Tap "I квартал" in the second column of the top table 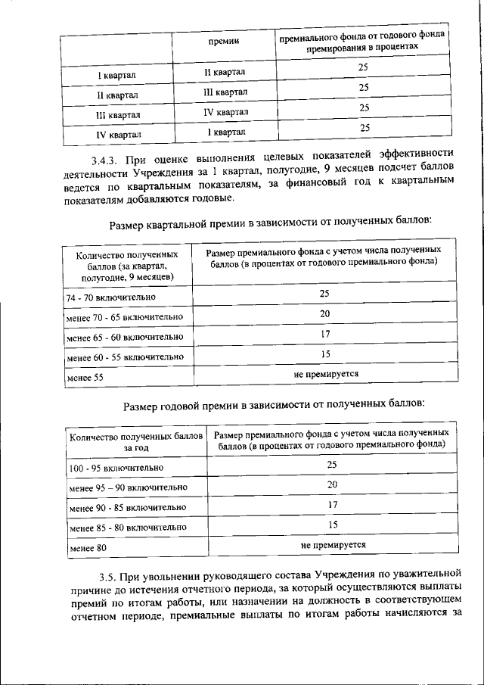pos(226,132)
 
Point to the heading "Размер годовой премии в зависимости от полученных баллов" pos(274,406)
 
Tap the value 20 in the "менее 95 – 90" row pos(332,484)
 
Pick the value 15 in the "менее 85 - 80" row pos(332,524)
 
